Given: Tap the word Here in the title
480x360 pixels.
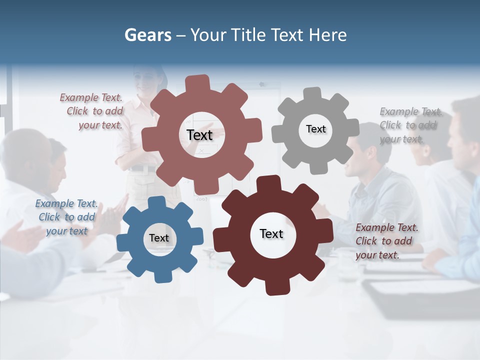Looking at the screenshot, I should (x=327, y=35).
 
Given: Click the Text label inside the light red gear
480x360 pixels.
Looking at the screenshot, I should (x=199, y=135).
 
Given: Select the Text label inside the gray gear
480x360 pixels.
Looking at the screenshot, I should (x=315, y=129).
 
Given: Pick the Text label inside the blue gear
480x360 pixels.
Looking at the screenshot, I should (x=159, y=238).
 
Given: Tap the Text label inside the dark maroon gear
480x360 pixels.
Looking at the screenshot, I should (x=271, y=233).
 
